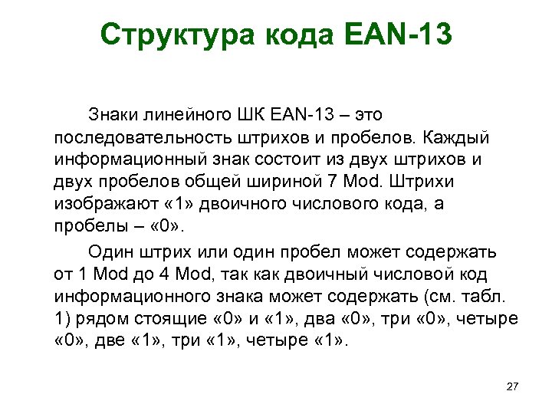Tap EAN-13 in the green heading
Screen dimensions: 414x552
tap(399, 34)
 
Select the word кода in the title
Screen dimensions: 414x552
tap(297, 34)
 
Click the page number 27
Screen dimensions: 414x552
tap(513, 386)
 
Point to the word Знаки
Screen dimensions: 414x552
tap(113, 115)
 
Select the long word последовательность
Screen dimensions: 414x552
tap(134, 138)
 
